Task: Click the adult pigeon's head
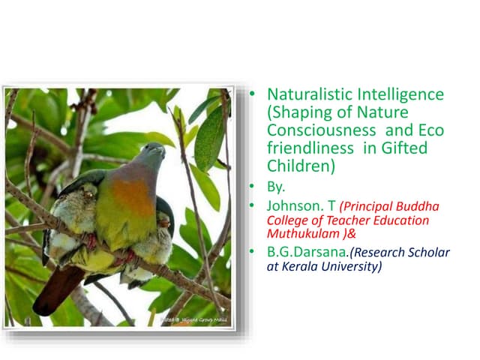(x=152, y=155)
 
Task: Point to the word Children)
(x=300, y=166)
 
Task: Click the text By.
(x=277, y=186)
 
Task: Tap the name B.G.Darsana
(x=309, y=252)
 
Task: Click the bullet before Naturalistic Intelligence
(x=253, y=95)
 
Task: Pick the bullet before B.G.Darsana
(x=253, y=252)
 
